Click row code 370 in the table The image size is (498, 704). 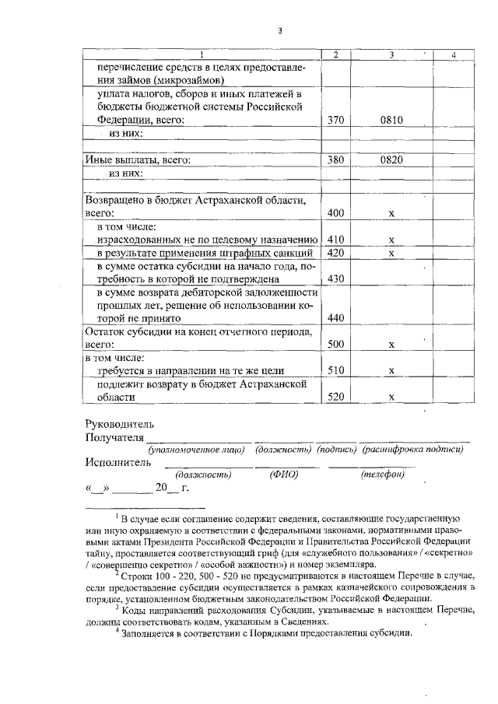[x=335, y=121]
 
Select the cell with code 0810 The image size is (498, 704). [x=391, y=121]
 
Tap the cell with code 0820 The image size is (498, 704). [x=391, y=159]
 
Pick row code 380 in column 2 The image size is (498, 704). [x=335, y=159]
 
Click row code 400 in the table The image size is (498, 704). [x=335, y=212]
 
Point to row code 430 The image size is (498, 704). [x=335, y=278]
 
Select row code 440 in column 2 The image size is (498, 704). [x=335, y=318]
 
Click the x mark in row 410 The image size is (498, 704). [x=391, y=240]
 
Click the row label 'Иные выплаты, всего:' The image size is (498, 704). [x=138, y=159]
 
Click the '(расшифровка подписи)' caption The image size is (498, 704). [x=412, y=450]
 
